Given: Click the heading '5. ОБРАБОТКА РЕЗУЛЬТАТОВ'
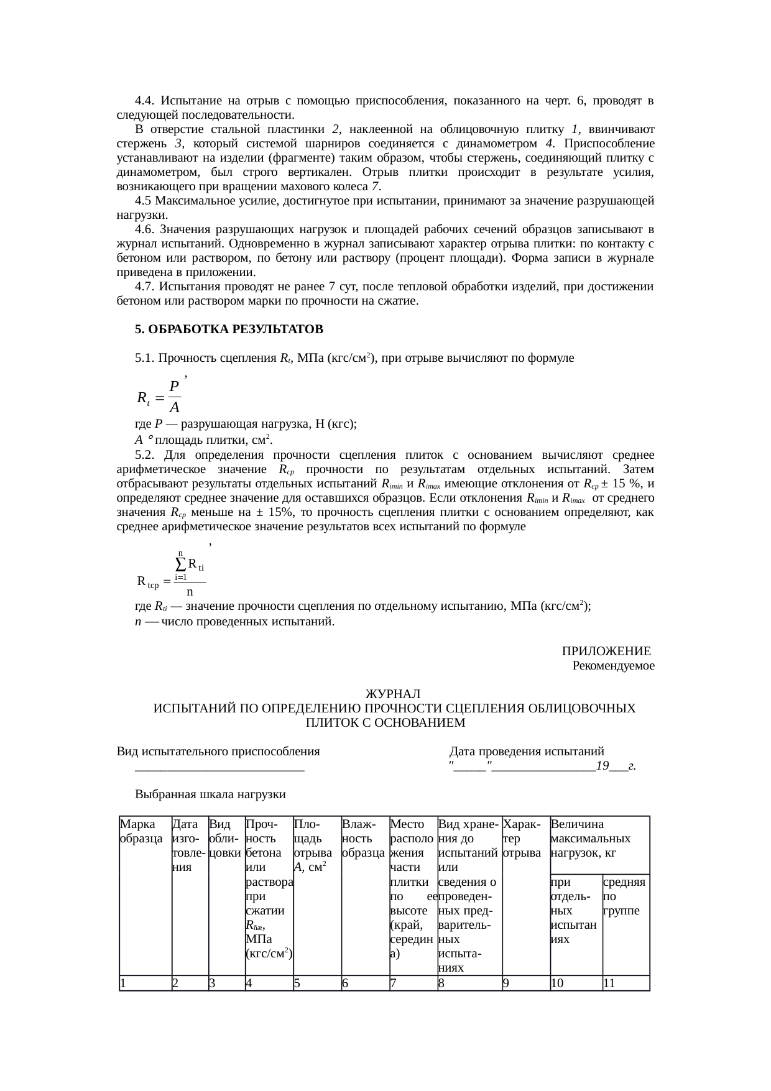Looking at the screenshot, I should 229,328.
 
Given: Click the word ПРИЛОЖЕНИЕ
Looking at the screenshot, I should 606,651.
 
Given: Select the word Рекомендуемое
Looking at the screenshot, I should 613,666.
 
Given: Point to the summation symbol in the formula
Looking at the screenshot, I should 180,564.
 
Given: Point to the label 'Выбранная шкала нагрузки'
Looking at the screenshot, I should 210,794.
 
